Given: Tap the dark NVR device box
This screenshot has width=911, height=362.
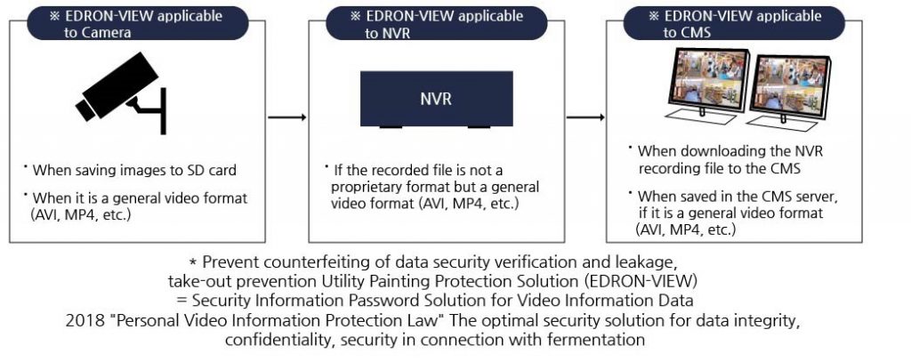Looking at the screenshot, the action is coord(436,99).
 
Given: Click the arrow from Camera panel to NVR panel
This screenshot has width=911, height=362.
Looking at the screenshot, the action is coord(287,117).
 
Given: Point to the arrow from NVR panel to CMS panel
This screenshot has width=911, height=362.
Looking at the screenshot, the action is coord(585,117).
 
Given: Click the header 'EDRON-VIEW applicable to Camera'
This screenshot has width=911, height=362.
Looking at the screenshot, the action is coord(138,23).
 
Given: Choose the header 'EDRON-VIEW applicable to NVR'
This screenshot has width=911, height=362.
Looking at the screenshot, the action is coord(436,23).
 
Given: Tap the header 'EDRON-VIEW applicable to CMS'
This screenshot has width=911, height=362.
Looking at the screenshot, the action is coord(734,23).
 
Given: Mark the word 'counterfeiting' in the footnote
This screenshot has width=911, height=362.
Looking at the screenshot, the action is coord(297,261).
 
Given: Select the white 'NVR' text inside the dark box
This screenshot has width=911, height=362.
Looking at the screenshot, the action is coord(436,99).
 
